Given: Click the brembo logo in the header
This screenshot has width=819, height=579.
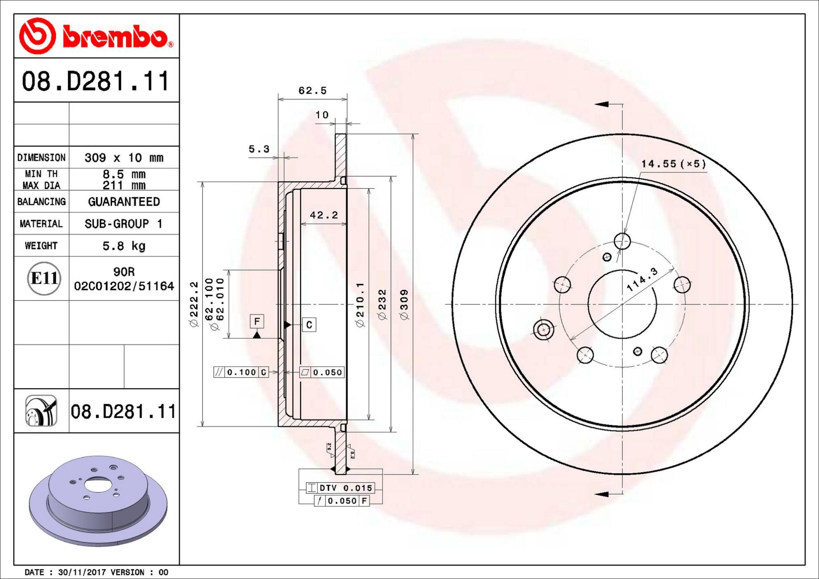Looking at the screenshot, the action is pos(96,36).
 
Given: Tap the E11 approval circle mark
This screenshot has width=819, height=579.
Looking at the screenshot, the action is pos(44,278).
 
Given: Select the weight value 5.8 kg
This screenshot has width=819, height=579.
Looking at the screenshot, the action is pos(124,246).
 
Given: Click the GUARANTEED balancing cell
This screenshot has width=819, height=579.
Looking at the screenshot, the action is pos(124,201).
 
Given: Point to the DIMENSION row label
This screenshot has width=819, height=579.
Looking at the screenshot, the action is pos(41,158).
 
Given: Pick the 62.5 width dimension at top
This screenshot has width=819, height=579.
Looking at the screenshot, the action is pos(312,91).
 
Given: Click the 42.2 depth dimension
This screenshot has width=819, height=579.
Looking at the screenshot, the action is pos(324,215).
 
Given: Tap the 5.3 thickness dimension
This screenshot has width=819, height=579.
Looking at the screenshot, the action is pos(259,149).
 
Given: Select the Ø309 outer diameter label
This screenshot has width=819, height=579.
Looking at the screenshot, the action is pos(404,304).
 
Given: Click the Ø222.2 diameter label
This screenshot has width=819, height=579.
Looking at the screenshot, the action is pos(194,304).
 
